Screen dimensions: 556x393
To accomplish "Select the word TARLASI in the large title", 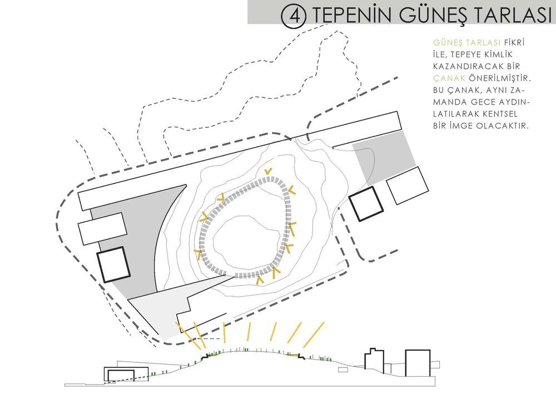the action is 513,15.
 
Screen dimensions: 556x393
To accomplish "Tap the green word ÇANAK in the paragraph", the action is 449,78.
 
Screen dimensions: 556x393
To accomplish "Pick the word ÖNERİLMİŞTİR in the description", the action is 502,78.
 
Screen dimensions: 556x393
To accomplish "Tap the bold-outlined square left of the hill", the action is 113,265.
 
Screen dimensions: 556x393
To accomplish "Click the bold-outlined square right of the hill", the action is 366,204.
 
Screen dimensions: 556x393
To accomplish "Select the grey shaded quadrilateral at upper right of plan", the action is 385,157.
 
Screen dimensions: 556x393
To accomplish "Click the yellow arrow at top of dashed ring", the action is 269,171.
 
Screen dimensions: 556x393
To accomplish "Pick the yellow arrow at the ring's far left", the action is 198,253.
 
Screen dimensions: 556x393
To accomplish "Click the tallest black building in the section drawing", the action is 418,363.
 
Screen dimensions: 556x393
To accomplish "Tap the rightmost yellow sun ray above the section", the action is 314,335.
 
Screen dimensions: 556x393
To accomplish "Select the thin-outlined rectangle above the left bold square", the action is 103,229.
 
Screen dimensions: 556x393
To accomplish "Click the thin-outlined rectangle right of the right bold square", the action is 407,186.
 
